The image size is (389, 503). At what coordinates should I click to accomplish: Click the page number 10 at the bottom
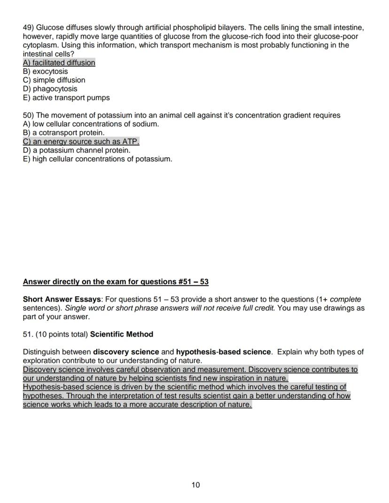[195, 485]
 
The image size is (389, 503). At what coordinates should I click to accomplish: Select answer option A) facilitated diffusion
[59, 63]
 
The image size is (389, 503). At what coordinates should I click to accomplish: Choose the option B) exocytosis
[45, 71]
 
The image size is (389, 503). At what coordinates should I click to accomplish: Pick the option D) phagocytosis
[50, 89]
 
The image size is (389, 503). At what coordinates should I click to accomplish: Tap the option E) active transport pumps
[66, 98]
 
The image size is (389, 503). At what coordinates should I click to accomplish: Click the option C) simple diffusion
[54, 80]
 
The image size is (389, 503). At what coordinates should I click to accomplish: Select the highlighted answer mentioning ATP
[81, 142]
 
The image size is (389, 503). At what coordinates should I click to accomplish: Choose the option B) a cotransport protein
[63, 133]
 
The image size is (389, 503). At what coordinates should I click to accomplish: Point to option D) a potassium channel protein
[77, 150]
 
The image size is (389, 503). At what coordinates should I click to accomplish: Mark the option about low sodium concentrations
[91, 124]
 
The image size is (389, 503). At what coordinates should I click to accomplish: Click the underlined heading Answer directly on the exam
[116, 282]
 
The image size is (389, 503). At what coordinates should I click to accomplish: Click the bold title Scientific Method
[122, 334]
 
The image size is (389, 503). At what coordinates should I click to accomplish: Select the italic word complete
[346, 300]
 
